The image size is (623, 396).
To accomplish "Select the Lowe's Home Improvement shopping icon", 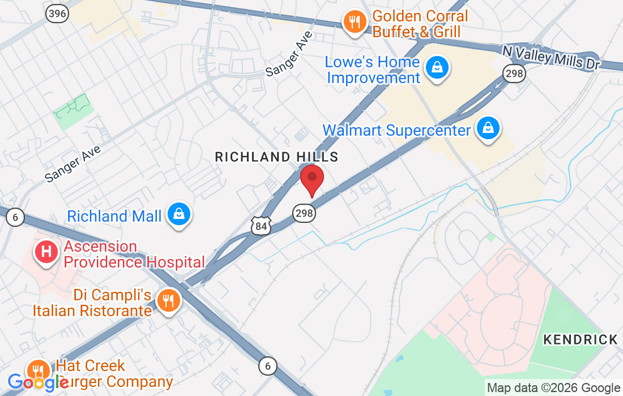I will point(437,68).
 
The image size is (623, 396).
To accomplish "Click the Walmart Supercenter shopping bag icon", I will point(488,128).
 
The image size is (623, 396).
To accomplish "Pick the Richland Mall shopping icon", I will point(180,215).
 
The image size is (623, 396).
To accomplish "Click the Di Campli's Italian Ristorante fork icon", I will point(168,301).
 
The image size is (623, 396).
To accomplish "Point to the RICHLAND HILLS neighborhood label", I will point(276,157).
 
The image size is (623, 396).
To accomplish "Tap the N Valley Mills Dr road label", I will point(551,57).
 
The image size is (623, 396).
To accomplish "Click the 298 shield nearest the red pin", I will point(304,213).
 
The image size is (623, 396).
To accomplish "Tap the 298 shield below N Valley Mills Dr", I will point(514,72).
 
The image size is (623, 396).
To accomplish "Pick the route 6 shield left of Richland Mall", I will point(16,217).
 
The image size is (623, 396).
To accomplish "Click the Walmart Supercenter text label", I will point(396,131).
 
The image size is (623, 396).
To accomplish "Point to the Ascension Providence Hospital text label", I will point(134,255).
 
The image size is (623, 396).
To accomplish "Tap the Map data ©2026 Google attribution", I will point(553,388).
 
